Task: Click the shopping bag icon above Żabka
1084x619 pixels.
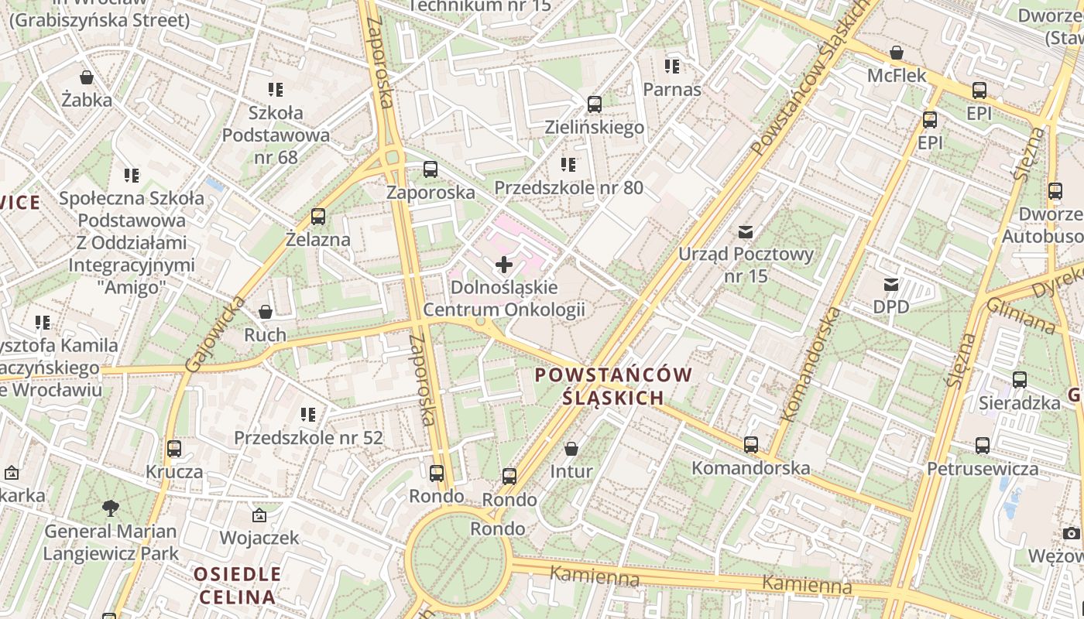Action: (x=87, y=77)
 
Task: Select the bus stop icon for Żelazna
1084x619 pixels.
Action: (x=317, y=217)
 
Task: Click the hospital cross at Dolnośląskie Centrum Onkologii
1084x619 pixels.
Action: (x=504, y=265)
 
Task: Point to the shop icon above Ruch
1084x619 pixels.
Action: (x=266, y=312)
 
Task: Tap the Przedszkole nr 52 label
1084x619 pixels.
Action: (x=308, y=437)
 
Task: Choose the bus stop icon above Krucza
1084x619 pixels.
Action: (x=174, y=449)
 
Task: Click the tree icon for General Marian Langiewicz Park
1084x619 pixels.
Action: (x=111, y=508)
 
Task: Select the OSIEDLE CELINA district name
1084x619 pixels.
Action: (x=237, y=586)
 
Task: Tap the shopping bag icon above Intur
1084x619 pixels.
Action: (x=571, y=449)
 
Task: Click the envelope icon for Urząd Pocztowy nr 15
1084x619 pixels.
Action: (x=746, y=231)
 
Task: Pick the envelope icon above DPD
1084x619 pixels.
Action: (x=891, y=284)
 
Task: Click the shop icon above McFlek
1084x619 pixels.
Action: (x=897, y=53)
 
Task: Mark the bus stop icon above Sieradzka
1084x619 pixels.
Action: (x=1020, y=380)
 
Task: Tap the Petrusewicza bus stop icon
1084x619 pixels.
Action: (x=983, y=446)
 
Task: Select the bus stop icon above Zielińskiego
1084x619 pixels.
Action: (x=595, y=104)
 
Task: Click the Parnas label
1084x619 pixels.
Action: (x=672, y=89)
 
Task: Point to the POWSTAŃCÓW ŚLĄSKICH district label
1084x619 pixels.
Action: (x=613, y=386)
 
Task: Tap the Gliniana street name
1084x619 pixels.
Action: (x=1020, y=316)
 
